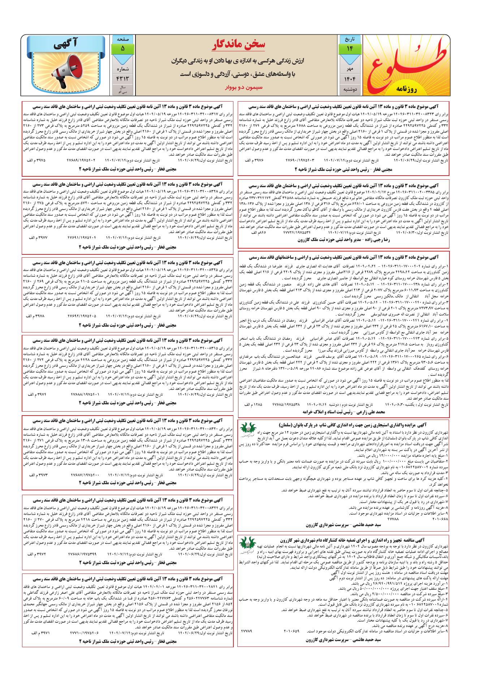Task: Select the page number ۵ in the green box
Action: coord(122,48)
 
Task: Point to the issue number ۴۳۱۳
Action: coord(122,78)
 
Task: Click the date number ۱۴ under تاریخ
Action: coord(349,49)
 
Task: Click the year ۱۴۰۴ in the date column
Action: coord(349,79)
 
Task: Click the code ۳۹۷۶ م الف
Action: coord(254,160)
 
